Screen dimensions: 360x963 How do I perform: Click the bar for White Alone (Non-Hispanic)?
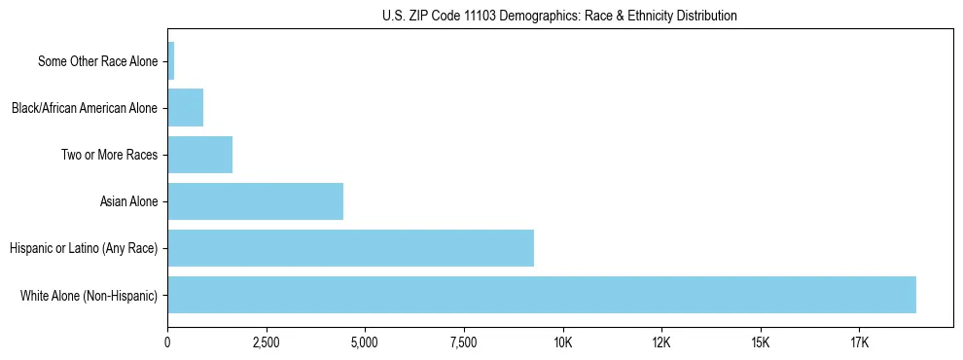[542, 295]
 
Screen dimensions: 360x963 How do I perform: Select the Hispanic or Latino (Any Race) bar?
[350, 248]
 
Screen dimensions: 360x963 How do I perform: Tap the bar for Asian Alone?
[255, 201]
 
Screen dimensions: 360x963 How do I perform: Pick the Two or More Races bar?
[199, 155]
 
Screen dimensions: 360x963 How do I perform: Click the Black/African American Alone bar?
[185, 108]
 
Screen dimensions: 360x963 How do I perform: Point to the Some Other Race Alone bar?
[171, 61]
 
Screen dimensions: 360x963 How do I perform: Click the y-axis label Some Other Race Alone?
[97, 61]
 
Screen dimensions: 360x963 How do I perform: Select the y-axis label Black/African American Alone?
[85, 108]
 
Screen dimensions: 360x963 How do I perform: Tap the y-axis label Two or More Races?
[109, 155]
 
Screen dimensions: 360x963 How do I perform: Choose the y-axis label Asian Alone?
[128, 201]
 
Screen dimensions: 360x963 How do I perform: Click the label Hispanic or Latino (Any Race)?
[84, 248]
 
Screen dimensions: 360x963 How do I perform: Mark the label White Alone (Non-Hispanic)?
[89, 295]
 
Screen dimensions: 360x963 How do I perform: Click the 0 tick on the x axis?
[167, 343]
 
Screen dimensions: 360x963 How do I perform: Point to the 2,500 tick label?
[266, 343]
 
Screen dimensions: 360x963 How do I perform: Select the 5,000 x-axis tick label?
[365, 343]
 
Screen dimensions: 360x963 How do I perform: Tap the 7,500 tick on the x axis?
[464, 343]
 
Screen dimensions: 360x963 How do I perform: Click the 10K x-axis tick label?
[562, 343]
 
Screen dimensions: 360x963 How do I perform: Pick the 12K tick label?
[661, 343]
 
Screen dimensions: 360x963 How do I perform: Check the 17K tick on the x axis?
[859, 343]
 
